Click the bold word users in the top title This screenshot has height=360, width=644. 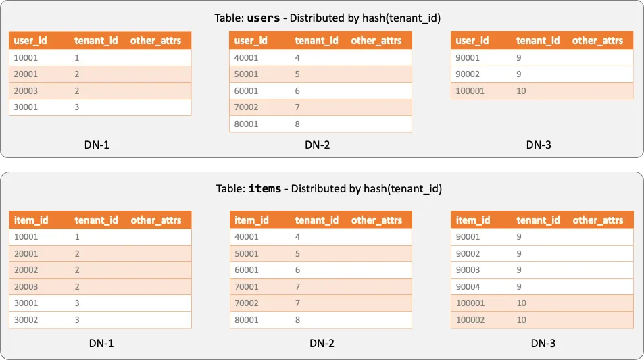(264, 18)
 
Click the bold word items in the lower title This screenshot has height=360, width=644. (265, 189)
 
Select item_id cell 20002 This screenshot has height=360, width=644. (26, 270)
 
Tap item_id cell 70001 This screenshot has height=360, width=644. (247, 286)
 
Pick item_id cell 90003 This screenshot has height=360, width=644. (468, 270)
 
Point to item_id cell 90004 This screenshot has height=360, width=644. (468, 286)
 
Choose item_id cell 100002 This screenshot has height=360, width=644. (470, 319)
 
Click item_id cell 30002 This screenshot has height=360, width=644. (26, 319)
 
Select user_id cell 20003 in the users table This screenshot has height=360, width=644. (26, 91)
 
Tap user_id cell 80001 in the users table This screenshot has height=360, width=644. (246, 124)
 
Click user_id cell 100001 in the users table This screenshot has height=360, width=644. (470, 91)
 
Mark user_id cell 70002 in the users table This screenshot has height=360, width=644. (246, 107)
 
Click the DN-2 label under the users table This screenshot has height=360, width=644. (317, 145)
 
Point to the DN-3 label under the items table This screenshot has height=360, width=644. (543, 343)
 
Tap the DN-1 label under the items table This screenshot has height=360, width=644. (101, 343)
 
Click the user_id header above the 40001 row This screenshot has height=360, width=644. (251, 41)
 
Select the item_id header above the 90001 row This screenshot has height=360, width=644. (473, 220)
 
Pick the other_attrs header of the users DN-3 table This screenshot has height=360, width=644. (597, 41)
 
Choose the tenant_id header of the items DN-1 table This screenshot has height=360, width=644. (96, 220)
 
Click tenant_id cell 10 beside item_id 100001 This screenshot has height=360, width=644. (521, 303)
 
